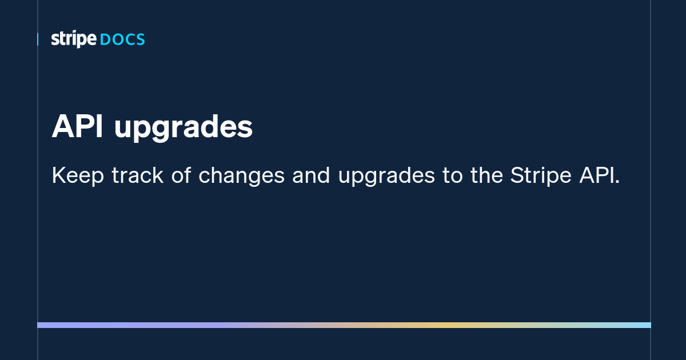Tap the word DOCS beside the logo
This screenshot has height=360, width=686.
point(122,40)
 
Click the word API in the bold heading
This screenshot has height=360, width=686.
point(77,127)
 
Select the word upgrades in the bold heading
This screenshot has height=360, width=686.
point(183,129)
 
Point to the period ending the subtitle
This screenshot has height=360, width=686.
point(617,182)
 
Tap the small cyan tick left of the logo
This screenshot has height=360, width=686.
point(38,39)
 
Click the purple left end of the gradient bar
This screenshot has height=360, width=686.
point(43,325)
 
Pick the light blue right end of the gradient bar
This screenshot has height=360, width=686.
point(646,325)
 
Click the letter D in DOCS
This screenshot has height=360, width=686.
point(105,40)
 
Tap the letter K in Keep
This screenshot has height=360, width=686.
point(57,176)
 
